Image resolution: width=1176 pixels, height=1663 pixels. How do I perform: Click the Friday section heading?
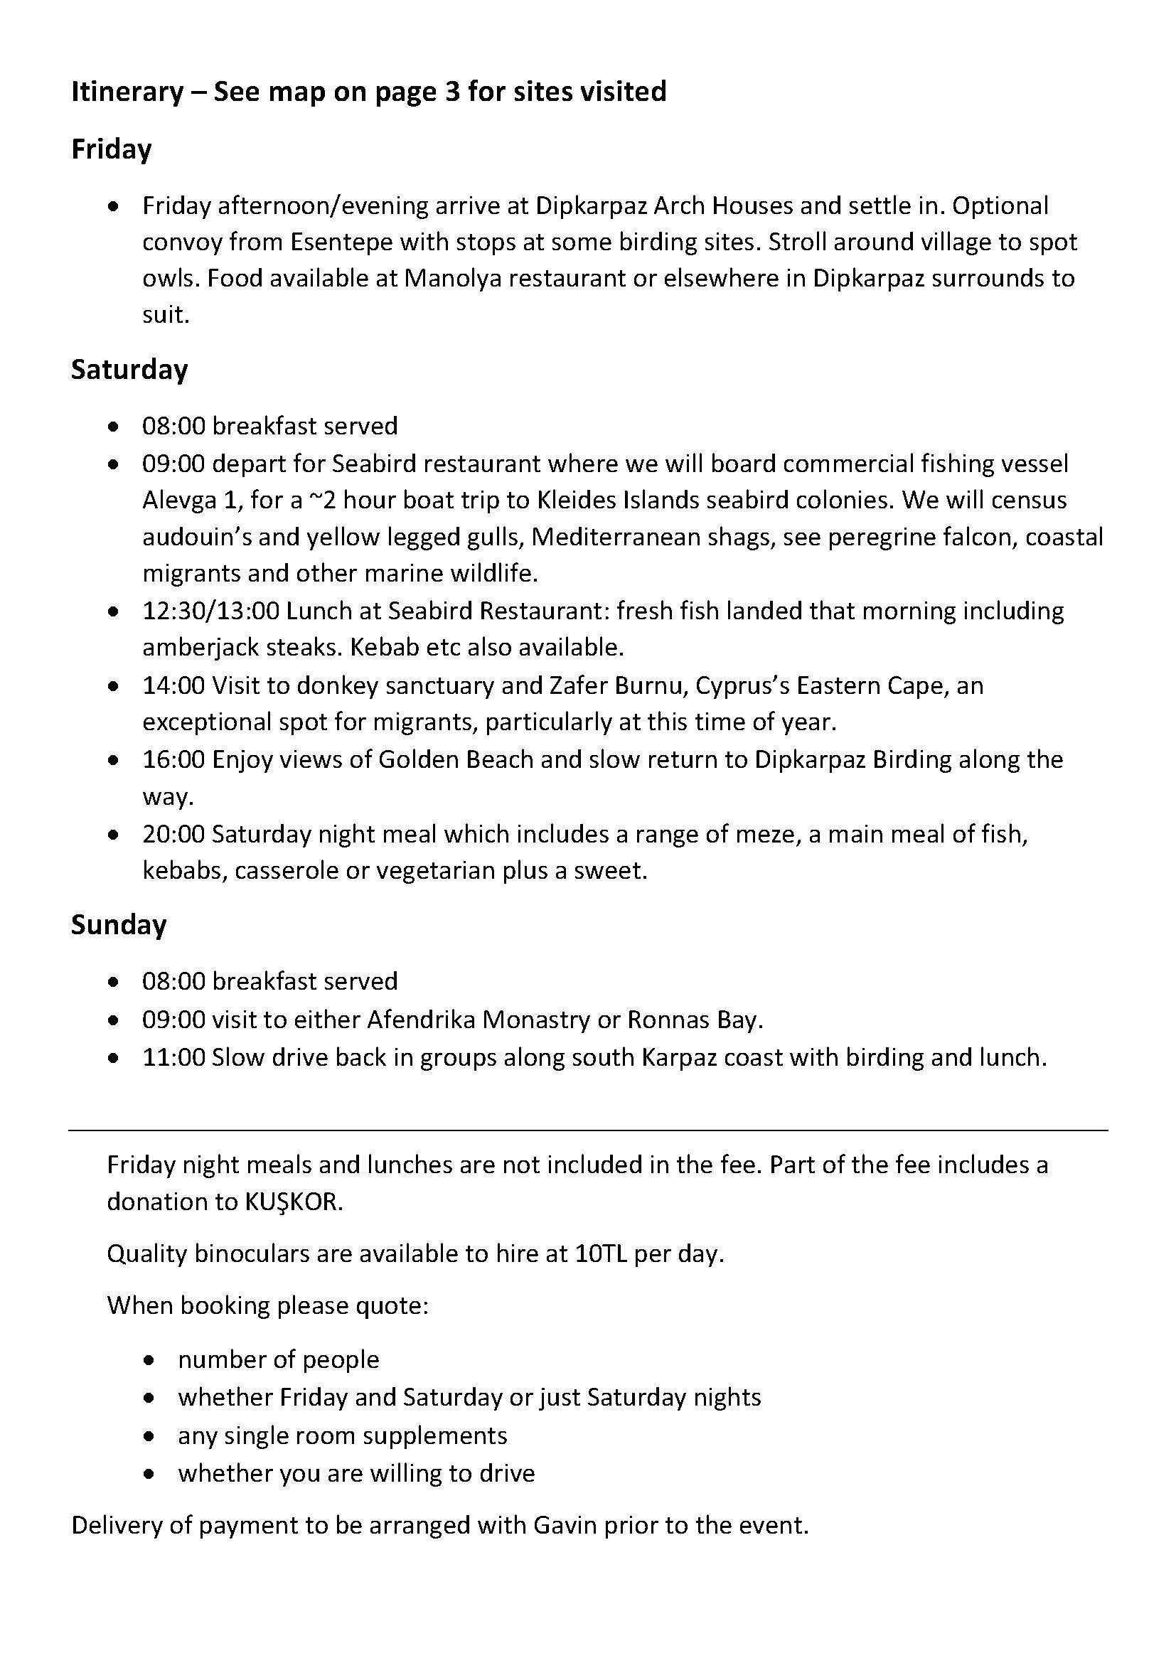[x=111, y=149]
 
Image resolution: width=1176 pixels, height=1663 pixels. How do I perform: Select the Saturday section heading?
[x=129, y=370]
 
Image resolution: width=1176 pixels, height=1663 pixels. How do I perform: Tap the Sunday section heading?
[x=119, y=925]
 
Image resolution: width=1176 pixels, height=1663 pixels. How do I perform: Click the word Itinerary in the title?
[x=127, y=92]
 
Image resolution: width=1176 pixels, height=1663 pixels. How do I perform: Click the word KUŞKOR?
[x=292, y=1202]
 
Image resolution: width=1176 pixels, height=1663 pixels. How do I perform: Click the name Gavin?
[x=565, y=1525]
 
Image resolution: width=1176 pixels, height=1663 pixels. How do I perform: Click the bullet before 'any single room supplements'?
[x=149, y=1436]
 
